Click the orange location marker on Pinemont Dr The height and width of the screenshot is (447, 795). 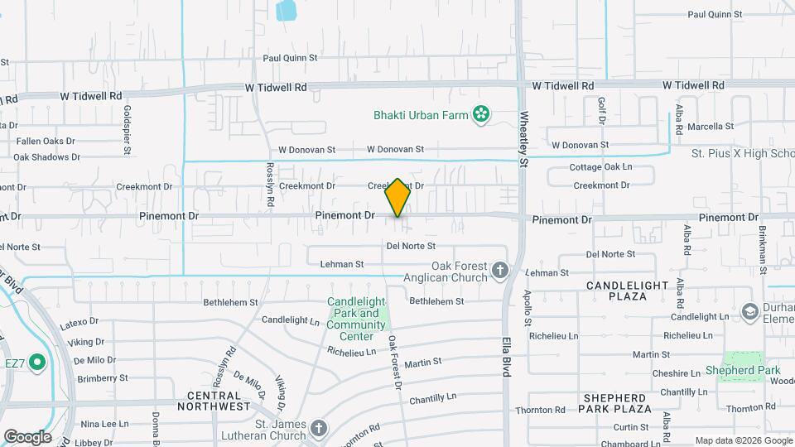(397, 198)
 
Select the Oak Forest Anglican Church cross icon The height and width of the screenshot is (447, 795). (499, 271)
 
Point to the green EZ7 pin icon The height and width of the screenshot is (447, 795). (36, 363)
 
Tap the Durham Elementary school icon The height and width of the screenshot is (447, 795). (751, 311)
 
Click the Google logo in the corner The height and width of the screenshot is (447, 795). (27, 436)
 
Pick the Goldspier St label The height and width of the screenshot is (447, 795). (128, 129)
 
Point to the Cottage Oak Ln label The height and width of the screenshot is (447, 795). (600, 167)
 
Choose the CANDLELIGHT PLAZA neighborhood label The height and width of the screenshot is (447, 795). (627, 290)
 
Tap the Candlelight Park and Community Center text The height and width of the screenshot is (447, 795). (356, 319)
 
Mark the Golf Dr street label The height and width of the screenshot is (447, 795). (601, 111)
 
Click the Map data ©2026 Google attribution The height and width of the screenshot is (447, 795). (742, 440)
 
